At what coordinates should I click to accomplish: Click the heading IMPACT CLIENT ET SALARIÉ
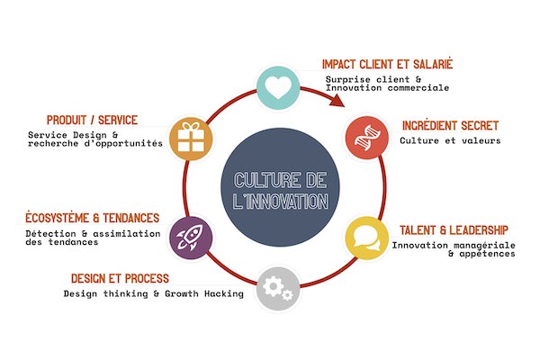[387, 65]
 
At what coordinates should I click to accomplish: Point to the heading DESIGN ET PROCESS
[120, 277]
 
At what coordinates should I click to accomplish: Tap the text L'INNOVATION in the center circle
[274, 201]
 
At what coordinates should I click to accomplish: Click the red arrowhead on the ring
[337, 98]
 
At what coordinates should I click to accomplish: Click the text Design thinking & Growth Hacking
[153, 293]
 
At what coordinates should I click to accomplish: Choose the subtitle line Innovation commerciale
[386, 88]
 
